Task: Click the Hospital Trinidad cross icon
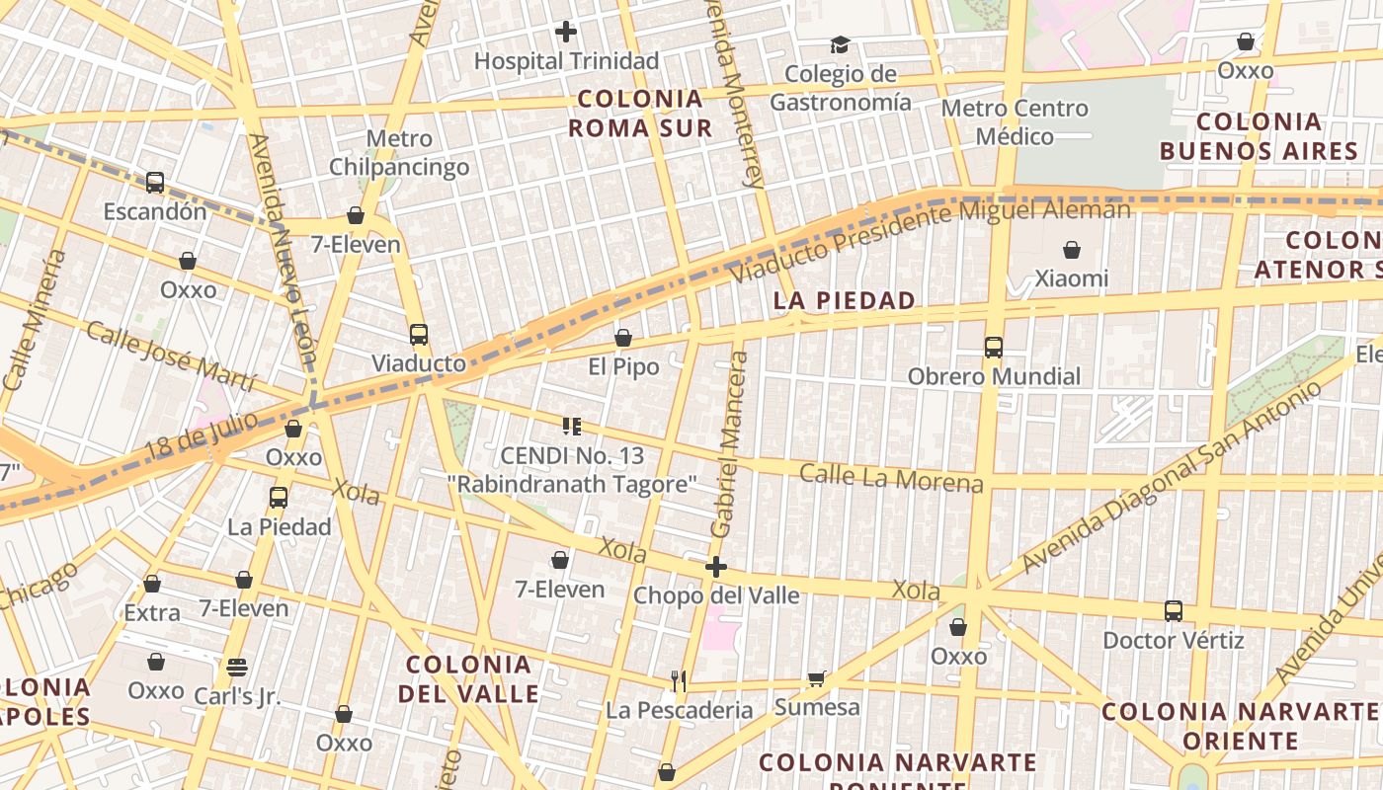point(566,32)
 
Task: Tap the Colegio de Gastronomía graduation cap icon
point(840,44)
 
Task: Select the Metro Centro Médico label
point(1015,121)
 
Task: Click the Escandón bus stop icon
point(155,183)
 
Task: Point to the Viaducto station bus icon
point(419,334)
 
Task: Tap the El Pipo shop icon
point(623,339)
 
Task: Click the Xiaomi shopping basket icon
point(1072,250)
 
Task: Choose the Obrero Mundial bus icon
point(994,348)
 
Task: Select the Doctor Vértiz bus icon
point(1174,611)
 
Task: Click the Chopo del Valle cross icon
point(716,567)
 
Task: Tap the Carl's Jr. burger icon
point(237,667)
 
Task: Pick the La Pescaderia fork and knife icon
point(679,680)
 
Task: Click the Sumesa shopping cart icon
point(817,678)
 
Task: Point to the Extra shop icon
point(152,584)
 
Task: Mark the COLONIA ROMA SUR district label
point(640,113)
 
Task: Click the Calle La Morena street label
point(891,478)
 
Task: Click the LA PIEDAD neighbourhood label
point(845,301)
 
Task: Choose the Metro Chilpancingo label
point(399,153)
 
